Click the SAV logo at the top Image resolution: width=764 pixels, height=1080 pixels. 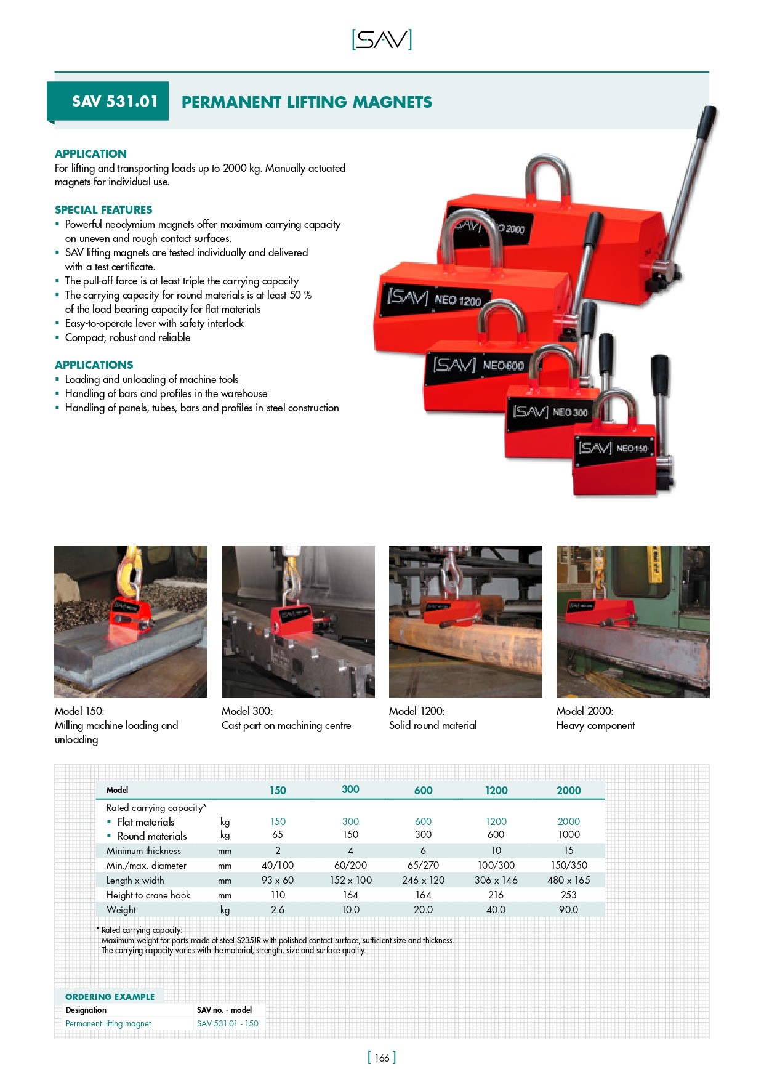pos(382,40)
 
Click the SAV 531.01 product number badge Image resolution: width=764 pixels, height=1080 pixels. pos(115,102)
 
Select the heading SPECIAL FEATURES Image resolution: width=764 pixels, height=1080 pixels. pos(103,210)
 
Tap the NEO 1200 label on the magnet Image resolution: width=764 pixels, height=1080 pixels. pos(457,300)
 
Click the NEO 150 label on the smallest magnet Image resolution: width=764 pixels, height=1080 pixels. pos(632,448)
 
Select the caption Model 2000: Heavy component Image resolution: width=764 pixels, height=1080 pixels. pos(595,719)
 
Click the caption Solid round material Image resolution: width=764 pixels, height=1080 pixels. pos(433,725)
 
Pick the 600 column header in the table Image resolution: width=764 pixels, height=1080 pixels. pos(423,791)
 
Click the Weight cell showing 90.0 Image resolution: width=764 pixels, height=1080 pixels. pos(568,909)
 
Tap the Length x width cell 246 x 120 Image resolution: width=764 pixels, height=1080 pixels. pos(423,880)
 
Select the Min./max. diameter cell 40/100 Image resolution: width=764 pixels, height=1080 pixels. pos(278,865)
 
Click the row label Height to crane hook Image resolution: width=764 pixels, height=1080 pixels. pos(148,895)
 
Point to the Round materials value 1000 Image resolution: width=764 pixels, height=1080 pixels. pos(568,835)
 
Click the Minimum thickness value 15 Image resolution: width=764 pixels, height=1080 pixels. pos(568,850)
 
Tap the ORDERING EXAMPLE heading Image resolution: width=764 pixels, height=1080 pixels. pos(110,997)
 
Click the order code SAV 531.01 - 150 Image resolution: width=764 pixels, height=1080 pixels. pos(228,1023)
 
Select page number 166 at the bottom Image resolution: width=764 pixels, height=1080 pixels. pos(382,1058)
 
